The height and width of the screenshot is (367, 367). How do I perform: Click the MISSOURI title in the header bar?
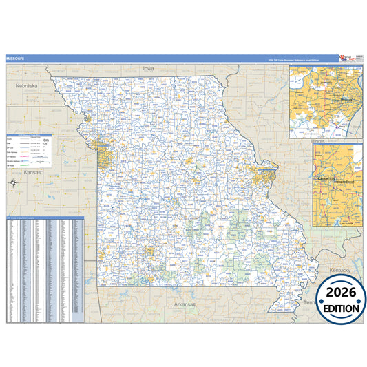click(x=14, y=59)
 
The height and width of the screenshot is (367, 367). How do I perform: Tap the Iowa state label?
click(x=148, y=69)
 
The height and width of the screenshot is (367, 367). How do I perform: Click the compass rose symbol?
click(x=14, y=182)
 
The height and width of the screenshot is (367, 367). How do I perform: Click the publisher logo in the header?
click(x=348, y=59)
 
